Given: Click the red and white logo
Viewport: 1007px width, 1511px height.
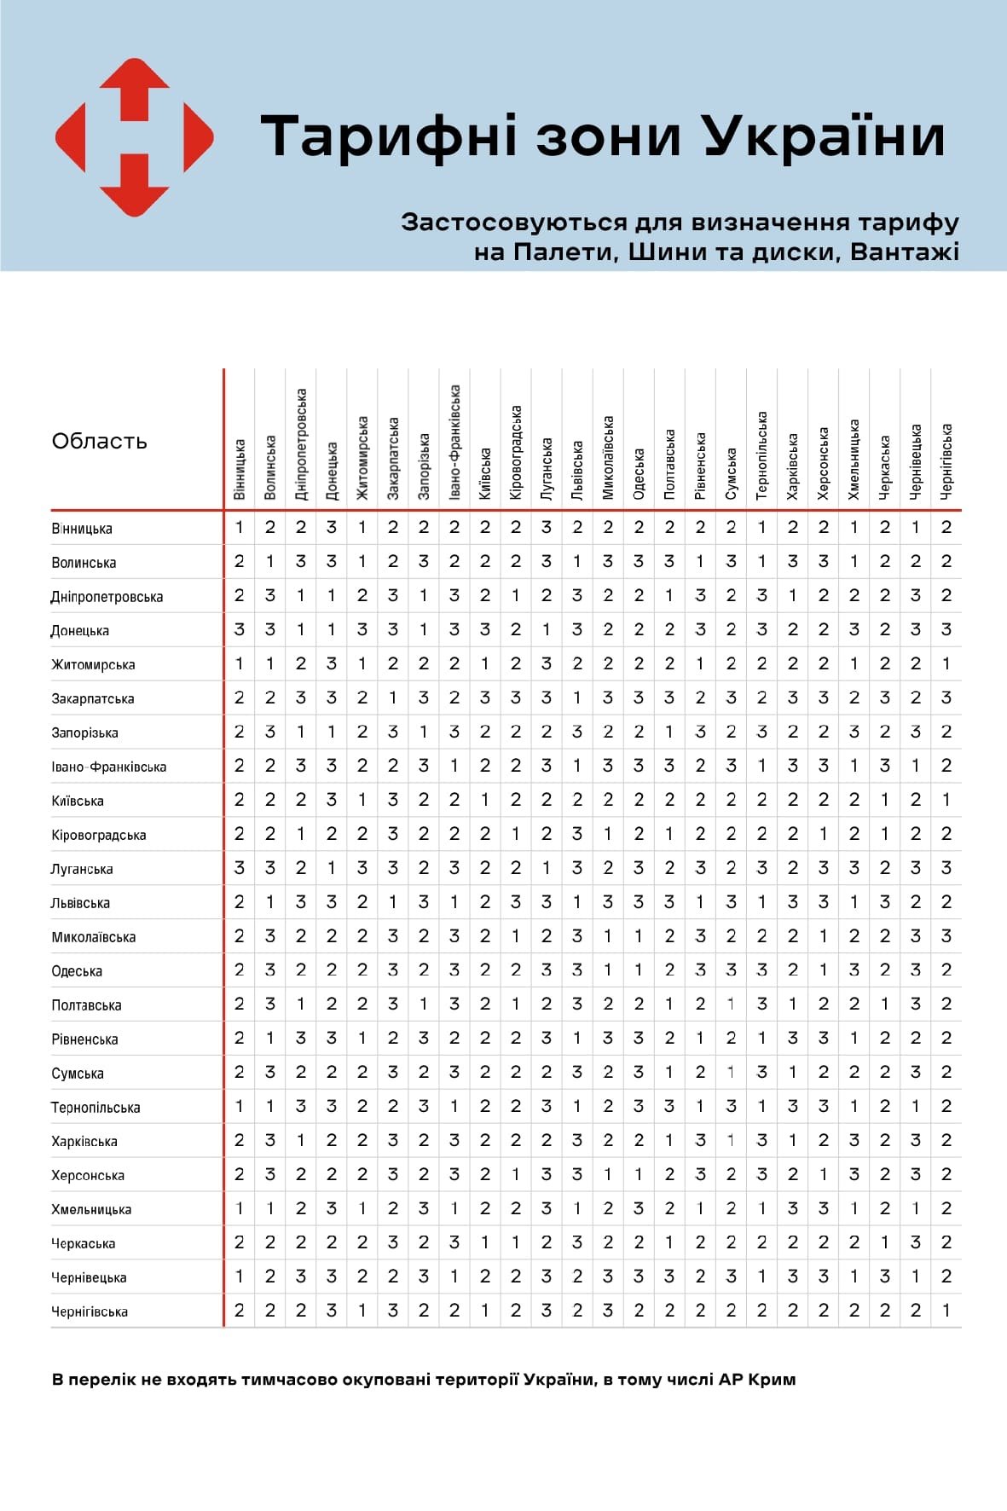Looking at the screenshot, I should pos(134,136).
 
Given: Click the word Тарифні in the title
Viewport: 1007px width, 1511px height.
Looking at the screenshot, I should pos(389,136).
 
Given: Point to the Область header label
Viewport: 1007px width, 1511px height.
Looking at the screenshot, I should pos(99,441).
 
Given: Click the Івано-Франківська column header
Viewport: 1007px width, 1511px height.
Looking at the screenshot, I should pos(454,442).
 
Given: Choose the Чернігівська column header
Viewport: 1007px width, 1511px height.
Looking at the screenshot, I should pos(946,461).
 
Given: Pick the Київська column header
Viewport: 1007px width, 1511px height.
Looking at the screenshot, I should pos(485,473).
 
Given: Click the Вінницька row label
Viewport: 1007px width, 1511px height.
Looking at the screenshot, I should pos(82,529).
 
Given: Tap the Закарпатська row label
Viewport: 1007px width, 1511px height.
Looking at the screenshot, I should pos(93,698).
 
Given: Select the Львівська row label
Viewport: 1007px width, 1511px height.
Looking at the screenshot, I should pos(81,903).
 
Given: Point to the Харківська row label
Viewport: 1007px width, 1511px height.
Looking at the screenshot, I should pos(84,1141).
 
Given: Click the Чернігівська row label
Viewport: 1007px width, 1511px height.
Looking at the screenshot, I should pos(90,1311).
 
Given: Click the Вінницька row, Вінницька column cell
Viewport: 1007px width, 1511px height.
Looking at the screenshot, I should pos(240,528).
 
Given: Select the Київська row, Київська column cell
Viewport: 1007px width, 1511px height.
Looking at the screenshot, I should pos(485,800).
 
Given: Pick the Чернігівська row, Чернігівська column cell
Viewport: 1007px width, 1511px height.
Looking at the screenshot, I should pos(946,1311).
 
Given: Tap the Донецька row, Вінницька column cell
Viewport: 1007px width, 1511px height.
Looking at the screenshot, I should pos(240,629).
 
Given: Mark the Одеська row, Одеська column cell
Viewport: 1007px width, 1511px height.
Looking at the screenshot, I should pos(639,970).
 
